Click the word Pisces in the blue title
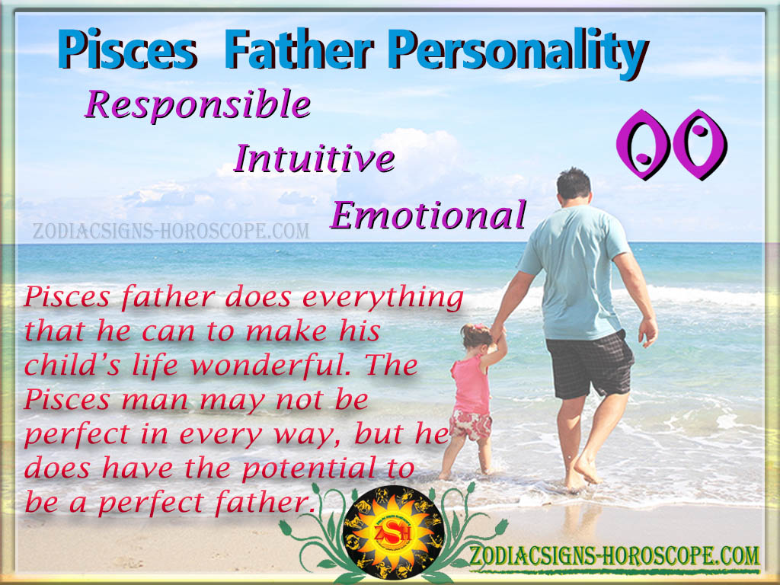point(128,50)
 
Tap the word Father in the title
point(299,50)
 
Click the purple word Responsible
point(198,105)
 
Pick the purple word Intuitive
point(315,158)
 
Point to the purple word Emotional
point(428,215)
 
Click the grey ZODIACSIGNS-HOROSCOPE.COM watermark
point(171,231)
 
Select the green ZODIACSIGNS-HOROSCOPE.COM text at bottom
point(615,555)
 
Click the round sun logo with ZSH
point(393,532)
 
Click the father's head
point(574,185)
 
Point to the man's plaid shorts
point(590,363)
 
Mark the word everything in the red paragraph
point(383,299)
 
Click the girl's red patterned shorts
point(471,425)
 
